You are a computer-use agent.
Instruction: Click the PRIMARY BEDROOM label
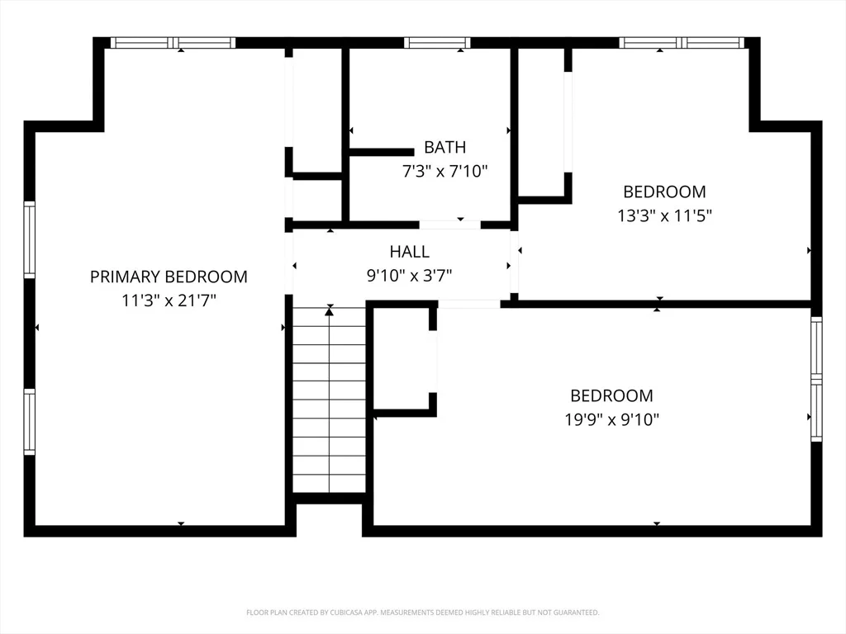pyautogui.click(x=169, y=277)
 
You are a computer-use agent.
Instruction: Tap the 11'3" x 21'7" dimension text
pyautogui.click(x=169, y=300)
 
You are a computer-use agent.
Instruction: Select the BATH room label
pyautogui.click(x=444, y=147)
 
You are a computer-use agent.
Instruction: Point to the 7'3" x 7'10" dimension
pyautogui.click(x=445, y=172)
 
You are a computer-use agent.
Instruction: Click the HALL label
pyautogui.click(x=410, y=252)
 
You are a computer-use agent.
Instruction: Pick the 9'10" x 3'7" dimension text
pyautogui.click(x=410, y=276)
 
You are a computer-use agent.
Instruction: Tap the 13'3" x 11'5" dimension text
pyautogui.click(x=665, y=215)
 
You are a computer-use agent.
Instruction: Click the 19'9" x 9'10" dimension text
pyautogui.click(x=612, y=419)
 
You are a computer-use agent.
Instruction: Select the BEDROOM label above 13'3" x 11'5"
pyautogui.click(x=664, y=192)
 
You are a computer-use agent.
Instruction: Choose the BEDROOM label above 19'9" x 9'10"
pyautogui.click(x=612, y=395)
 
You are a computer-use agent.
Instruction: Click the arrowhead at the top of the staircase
pyautogui.click(x=329, y=310)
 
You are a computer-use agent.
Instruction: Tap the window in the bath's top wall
pyautogui.click(x=437, y=43)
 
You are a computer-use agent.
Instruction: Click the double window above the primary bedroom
pyautogui.click(x=173, y=43)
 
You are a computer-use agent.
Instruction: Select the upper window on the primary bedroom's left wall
pyautogui.click(x=29, y=240)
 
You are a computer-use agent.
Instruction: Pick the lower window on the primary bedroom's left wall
pyautogui.click(x=29, y=422)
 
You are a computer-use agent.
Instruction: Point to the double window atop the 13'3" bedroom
pyautogui.click(x=682, y=43)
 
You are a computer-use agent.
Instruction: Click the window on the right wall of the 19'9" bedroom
pyautogui.click(x=817, y=379)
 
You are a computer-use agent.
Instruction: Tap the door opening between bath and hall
pyautogui.click(x=450, y=225)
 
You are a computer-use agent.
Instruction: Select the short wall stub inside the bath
pyautogui.click(x=382, y=153)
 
